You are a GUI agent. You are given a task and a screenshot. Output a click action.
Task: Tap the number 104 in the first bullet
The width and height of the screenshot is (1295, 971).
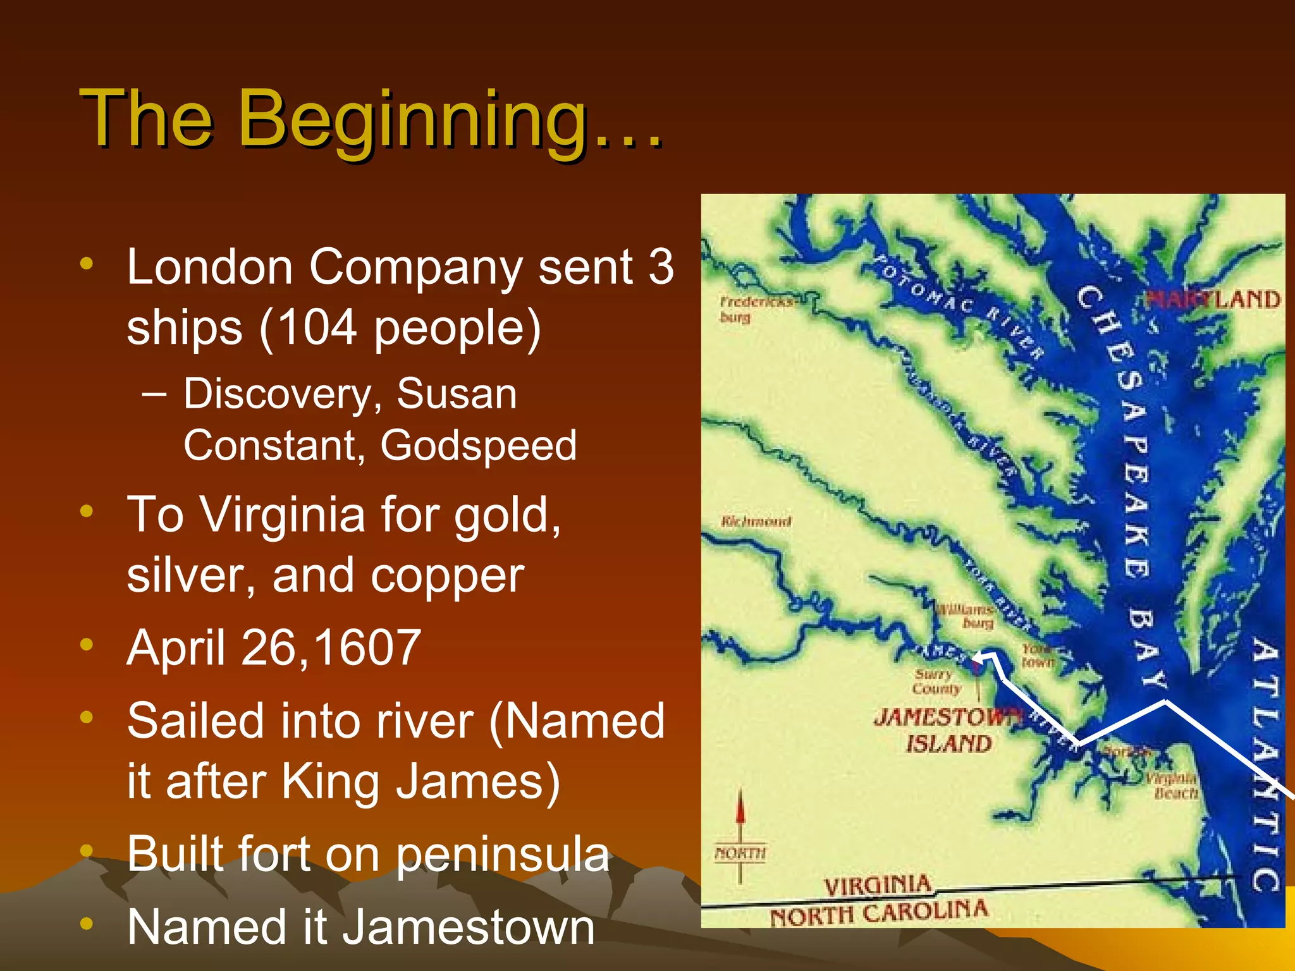(x=317, y=327)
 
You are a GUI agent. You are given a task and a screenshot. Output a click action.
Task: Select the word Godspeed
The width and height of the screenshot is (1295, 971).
(x=478, y=446)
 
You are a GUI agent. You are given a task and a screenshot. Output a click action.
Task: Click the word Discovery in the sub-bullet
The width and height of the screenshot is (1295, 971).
(x=278, y=394)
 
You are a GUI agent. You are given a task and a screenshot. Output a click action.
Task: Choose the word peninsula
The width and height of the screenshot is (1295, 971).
(x=503, y=854)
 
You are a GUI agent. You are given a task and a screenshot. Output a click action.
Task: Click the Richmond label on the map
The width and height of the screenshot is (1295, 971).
(x=756, y=522)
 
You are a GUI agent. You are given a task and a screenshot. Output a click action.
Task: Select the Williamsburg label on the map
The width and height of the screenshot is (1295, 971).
(x=966, y=616)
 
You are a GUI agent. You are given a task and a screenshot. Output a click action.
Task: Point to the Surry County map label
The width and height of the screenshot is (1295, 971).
(x=936, y=681)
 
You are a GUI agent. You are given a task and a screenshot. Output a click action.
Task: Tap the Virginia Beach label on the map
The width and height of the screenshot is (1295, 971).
(x=1173, y=785)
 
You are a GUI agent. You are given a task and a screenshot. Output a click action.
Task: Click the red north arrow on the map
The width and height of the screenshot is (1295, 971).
(x=740, y=812)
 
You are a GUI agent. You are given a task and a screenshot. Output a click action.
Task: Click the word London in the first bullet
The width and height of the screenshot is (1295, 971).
(x=209, y=267)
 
